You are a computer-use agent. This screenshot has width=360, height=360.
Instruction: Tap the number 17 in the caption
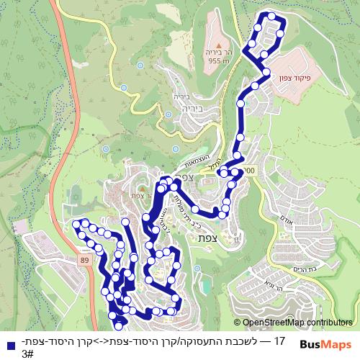click(280, 338)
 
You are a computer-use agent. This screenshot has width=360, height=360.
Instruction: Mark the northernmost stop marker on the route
click(271, 16)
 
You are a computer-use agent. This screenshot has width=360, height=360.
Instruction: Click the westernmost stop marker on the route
click(75, 225)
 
